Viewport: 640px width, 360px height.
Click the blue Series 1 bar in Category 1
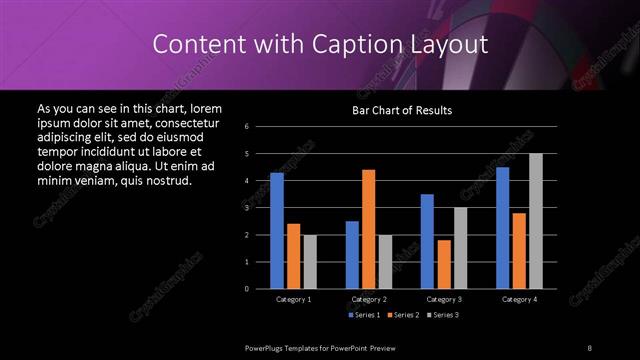pos(277,231)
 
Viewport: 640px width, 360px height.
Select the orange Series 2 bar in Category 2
pos(369,229)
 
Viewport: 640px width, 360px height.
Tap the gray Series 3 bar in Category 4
pos(535,221)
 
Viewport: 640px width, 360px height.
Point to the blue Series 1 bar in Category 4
pos(502,228)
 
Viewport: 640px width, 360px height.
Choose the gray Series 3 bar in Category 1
pos(310,262)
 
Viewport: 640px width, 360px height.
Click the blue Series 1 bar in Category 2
pos(352,255)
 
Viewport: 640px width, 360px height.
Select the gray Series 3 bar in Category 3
pos(460,248)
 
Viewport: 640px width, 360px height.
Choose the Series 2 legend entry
pos(403,315)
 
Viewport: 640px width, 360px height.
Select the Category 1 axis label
pos(294,299)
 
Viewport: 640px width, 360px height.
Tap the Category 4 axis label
pos(519,299)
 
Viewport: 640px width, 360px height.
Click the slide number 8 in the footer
pos(589,346)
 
